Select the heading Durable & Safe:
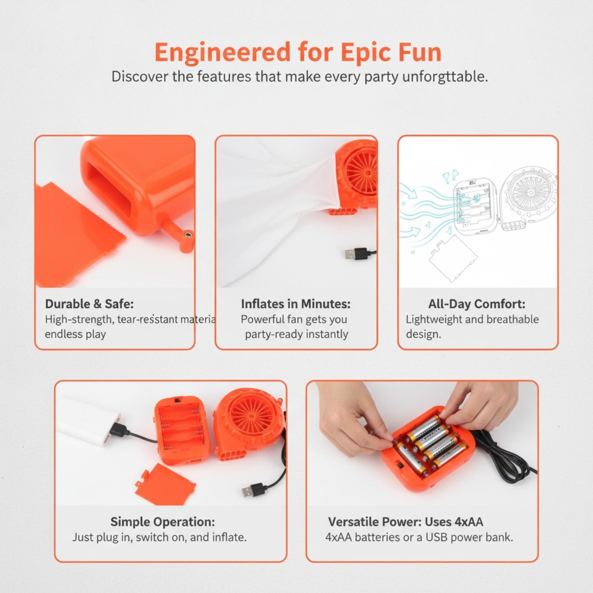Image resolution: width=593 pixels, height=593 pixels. tap(89, 304)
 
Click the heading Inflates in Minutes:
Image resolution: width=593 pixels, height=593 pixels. tap(296, 304)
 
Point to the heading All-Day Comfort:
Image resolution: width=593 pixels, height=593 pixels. tap(477, 304)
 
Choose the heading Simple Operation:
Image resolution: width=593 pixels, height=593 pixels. tap(162, 522)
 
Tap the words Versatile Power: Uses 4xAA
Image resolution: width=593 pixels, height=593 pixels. tap(405, 522)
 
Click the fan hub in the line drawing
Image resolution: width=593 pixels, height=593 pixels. tap(530, 192)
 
